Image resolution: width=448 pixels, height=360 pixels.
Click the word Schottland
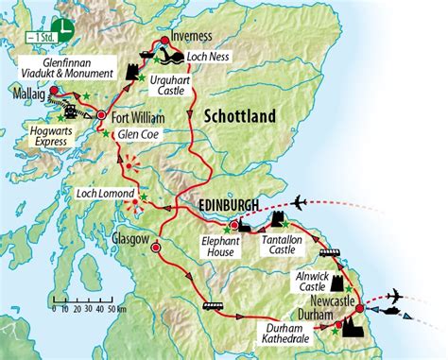[x=237, y=116]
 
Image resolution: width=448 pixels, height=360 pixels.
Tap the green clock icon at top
[x=64, y=26]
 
